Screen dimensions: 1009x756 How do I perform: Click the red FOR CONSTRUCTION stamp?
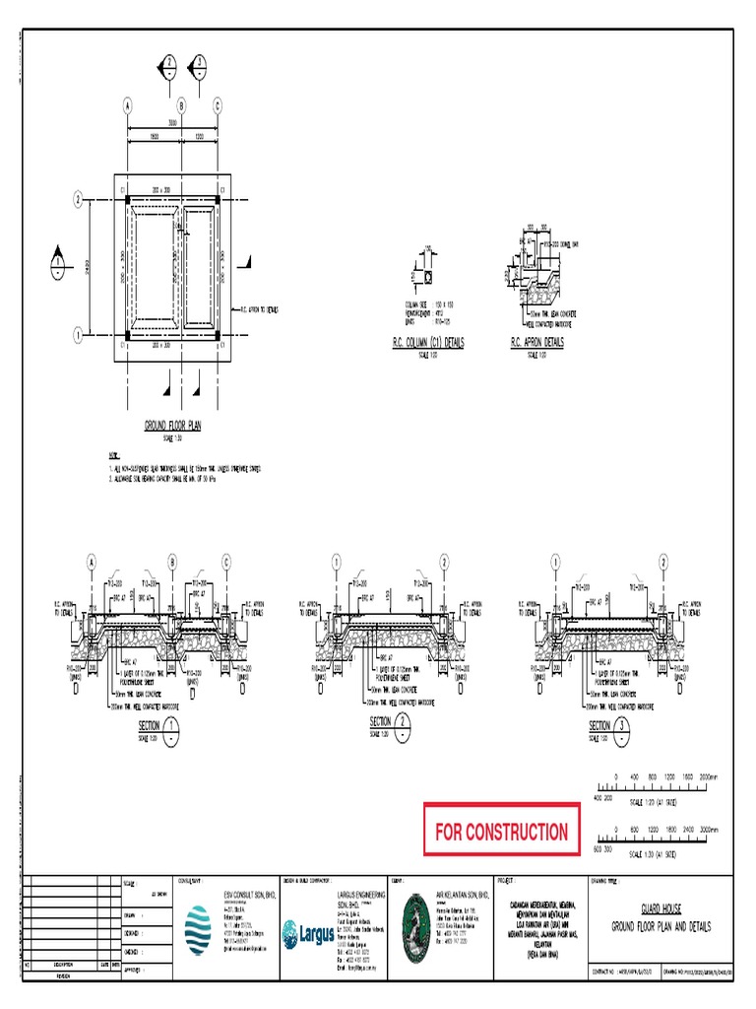click(x=501, y=832)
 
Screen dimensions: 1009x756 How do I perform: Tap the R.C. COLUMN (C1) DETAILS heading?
click(x=428, y=343)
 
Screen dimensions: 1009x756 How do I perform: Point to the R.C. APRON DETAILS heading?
click(x=537, y=343)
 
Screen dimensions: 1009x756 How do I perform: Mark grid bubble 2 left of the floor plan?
click(x=77, y=201)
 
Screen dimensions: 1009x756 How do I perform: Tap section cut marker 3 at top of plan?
click(x=200, y=65)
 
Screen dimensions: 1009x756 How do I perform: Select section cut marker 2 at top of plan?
click(x=169, y=65)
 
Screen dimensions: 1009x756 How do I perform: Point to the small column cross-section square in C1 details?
click(x=428, y=277)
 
